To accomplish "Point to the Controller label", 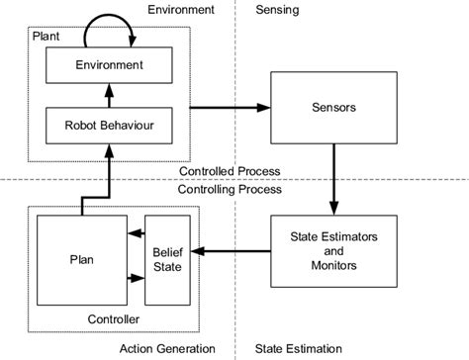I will [x=113, y=319].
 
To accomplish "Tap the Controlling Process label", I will [x=227, y=189].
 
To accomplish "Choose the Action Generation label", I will [x=166, y=348].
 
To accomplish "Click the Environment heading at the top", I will [x=180, y=10].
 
